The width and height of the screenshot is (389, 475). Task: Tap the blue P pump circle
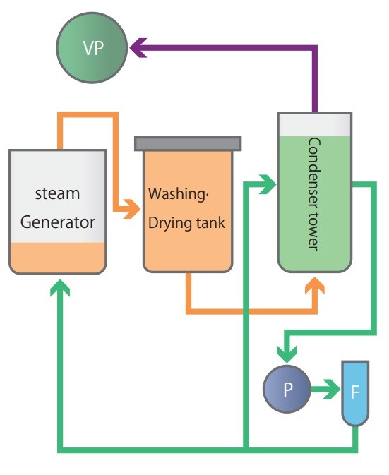click(287, 389)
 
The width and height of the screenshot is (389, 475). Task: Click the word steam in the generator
click(57, 193)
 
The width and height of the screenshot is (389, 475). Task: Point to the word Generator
click(57, 222)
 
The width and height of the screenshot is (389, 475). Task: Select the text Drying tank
click(186, 224)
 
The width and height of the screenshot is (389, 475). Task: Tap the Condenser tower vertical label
click(314, 193)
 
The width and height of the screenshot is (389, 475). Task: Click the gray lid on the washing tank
click(188, 143)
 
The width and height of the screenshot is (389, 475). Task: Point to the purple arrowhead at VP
click(136, 48)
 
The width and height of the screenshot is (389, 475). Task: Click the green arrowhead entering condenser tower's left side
click(268, 186)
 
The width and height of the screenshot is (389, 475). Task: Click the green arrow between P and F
click(326, 389)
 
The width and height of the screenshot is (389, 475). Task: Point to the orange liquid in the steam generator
click(57, 258)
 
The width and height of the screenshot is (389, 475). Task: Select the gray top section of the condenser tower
click(314, 124)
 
